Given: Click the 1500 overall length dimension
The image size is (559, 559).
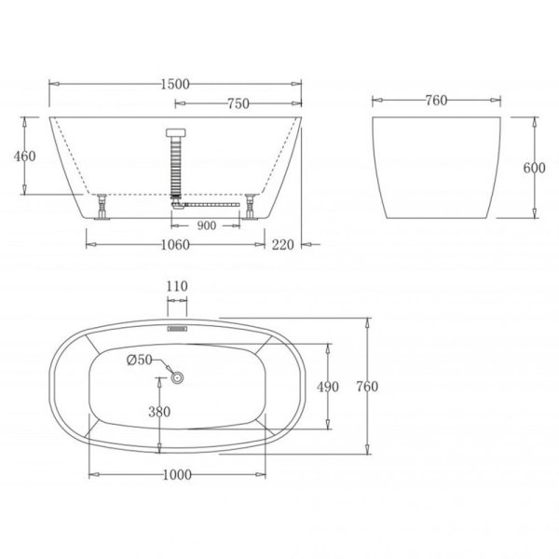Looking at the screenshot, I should coord(175,84).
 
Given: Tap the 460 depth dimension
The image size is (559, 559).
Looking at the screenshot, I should coord(25,156).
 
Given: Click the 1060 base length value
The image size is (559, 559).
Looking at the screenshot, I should coord(175,245).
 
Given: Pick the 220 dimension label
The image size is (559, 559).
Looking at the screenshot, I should coord(283,245).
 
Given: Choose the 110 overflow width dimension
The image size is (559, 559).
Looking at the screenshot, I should coord(177,286).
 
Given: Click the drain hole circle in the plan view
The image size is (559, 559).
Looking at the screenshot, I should coord(177,376).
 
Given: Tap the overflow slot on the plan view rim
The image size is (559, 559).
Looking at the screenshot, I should coord(177,327).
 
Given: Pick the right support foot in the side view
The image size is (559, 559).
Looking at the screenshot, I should coord(251,206).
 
